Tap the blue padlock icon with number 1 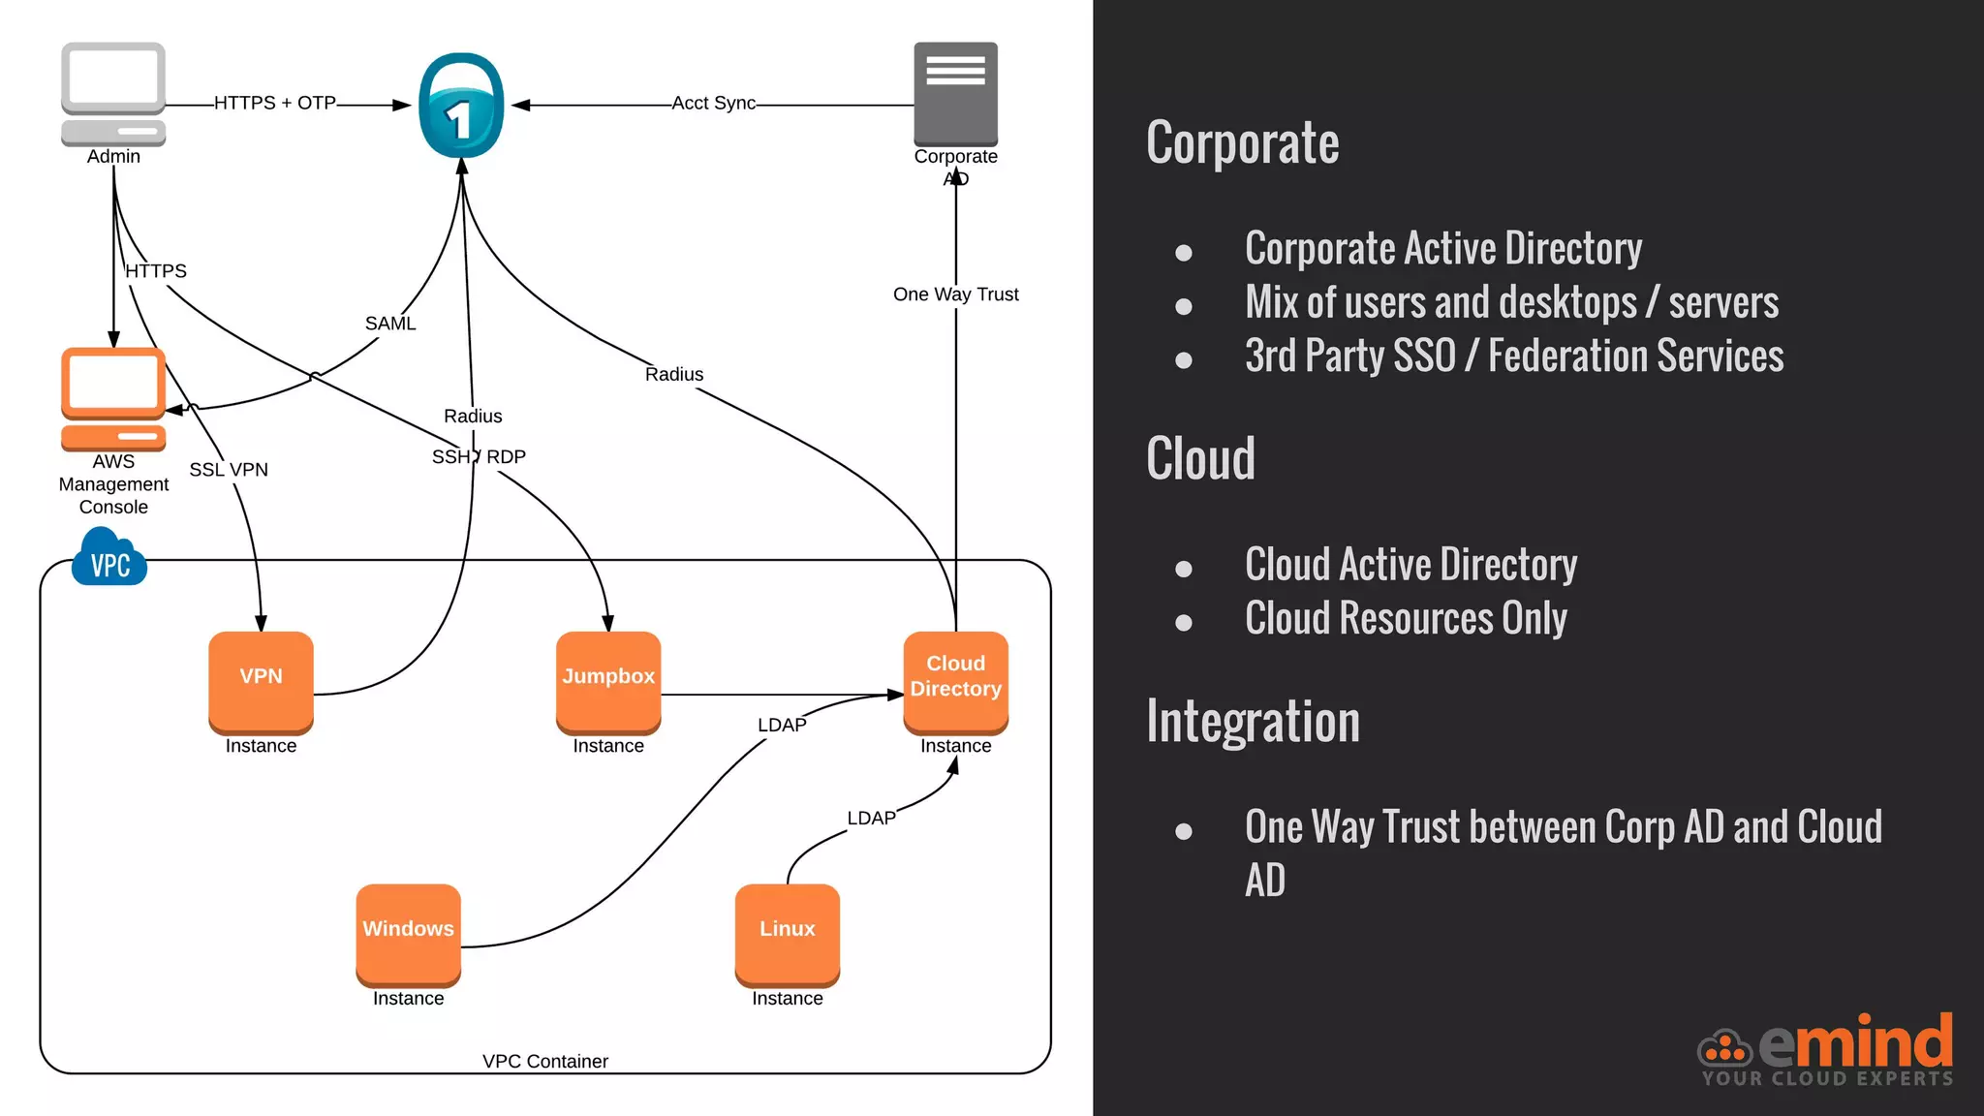[x=461, y=107]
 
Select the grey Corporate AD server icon [x=955, y=93]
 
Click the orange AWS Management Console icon [x=113, y=398]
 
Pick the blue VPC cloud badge [x=109, y=560]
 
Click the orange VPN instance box [x=261, y=681]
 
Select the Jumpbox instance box [x=608, y=681]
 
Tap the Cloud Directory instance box [x=955, y=681]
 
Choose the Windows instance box [x=408, y=933]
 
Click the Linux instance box [x=787, y=933]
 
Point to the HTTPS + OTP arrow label [x=275, y=103]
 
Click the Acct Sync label [x=713, y=103]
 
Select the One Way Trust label [x=955, y=294]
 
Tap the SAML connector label [x=390, y=324]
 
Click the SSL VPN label [x=229, y=470]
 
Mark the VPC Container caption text [x=545, y=1062]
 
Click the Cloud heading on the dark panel [x=1200, y=459]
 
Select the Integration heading [x=1253, y=723]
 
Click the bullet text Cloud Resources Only [x=1406, y=619]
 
